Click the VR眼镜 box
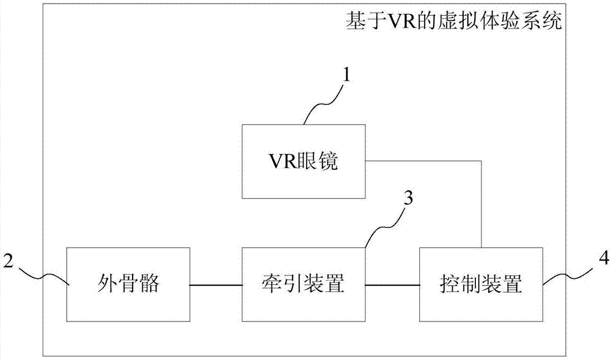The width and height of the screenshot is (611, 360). click(303, 161)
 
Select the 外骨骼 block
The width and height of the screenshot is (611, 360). click(128, 284)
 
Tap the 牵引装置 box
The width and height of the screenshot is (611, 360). click(303, 284)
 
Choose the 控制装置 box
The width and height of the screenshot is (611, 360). click(481, 284)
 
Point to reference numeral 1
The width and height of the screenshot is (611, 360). click(347, 75)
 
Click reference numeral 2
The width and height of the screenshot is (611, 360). click(9, 259)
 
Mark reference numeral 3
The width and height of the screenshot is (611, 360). click(409, 198)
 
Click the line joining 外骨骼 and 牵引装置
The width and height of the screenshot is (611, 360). click(216, 284)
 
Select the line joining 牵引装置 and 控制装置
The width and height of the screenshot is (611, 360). click(392, 284)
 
